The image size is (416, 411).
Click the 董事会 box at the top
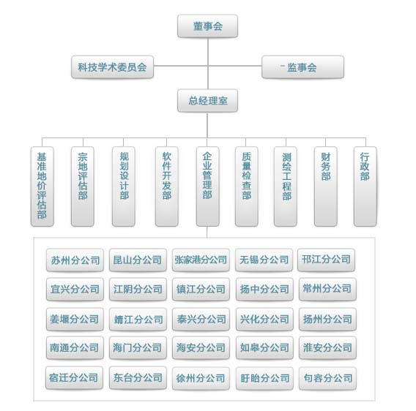pos(207,26)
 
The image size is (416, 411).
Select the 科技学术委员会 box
pos(113,67)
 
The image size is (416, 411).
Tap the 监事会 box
pos(302,67)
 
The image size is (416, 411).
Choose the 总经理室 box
pos(207,101)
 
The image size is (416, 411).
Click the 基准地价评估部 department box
pos(42,186)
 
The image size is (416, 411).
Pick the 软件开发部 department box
pos(166,186)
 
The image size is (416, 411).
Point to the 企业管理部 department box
pos(208,186)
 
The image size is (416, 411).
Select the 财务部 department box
pos(326,186)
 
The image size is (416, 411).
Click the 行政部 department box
pos(365,186)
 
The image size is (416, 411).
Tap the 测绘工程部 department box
pos(286,186)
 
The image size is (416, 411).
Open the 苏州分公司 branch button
pos(75,260)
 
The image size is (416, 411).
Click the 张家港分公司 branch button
pos(201,260)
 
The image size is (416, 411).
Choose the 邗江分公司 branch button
pos(327,260)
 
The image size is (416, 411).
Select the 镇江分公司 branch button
pos(201,289)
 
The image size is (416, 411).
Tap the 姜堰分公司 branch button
pos(75,319)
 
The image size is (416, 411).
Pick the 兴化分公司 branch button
pos(264,319)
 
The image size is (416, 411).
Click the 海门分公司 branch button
pos(138,347)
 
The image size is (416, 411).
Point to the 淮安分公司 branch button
pos(327,347)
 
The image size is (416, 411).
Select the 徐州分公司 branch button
pos(201,378)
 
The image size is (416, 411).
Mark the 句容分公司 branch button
pos(327,378)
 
